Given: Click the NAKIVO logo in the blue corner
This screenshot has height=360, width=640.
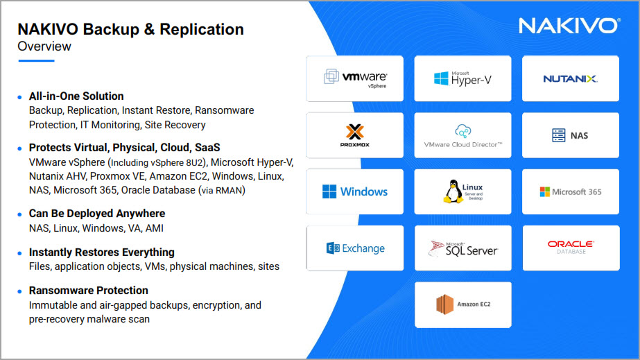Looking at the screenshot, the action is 569,26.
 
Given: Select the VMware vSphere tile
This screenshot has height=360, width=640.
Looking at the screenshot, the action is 355,78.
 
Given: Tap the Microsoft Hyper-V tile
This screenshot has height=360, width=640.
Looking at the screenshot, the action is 462,78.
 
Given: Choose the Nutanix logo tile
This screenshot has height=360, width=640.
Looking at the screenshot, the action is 570,78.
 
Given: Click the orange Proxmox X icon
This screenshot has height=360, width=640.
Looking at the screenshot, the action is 355,132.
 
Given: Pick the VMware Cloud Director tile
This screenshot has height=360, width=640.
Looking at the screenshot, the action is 462,135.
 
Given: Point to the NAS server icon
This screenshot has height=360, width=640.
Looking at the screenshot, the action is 558,135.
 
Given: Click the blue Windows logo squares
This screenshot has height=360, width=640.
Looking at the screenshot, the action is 329,191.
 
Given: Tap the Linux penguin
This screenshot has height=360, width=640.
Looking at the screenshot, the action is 452,191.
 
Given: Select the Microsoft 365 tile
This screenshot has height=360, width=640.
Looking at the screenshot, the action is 570,191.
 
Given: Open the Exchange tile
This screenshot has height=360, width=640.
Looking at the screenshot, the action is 355,248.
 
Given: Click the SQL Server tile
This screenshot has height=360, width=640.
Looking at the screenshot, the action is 463,248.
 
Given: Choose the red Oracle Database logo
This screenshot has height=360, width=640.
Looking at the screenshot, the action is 571,247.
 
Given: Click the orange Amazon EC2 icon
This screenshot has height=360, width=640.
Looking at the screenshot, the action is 444,305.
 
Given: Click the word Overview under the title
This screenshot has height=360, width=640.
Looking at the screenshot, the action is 44,46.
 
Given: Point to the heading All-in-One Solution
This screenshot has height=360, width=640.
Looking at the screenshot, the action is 76,96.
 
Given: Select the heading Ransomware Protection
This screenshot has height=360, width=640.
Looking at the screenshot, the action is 89,291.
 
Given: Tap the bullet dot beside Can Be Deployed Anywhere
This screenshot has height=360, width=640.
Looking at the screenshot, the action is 19,214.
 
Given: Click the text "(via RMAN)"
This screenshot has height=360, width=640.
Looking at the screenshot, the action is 222,191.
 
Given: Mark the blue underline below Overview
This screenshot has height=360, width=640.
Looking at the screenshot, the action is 36,61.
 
